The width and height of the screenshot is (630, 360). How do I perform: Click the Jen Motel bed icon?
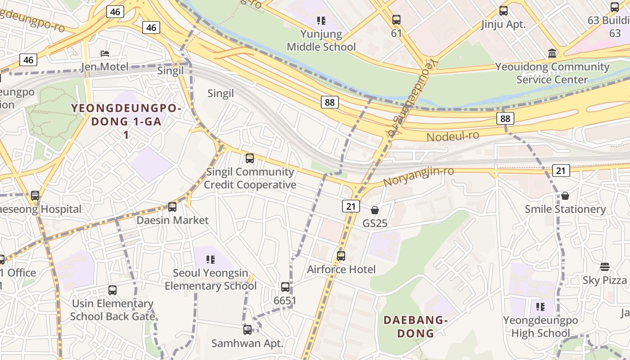[105, 54]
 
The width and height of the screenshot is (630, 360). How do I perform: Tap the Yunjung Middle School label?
[321, 40]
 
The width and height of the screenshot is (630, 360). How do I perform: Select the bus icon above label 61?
[396, 20]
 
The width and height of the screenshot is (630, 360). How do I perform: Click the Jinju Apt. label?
[503, 24]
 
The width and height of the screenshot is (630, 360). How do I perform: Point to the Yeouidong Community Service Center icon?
[552, 54]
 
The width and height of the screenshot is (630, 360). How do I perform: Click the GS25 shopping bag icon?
[374, 210]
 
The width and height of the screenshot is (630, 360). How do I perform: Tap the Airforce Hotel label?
[341, 270]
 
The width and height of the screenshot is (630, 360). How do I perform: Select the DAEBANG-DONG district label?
[415, 327]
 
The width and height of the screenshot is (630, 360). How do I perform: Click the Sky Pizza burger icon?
[604, 267]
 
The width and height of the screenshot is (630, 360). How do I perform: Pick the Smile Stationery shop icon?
[565, 196]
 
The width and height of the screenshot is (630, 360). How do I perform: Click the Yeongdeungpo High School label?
[540, 327]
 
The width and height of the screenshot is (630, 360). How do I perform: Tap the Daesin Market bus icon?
[172, 207]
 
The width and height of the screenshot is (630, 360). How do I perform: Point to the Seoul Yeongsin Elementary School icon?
[210, 260]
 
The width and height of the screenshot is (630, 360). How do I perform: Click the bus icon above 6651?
[285, 287]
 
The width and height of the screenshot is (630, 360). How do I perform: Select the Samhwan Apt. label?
[247, 343]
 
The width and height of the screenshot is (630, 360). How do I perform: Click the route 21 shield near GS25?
[351, 206]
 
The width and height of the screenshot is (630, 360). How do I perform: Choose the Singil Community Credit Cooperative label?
[250, 178]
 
